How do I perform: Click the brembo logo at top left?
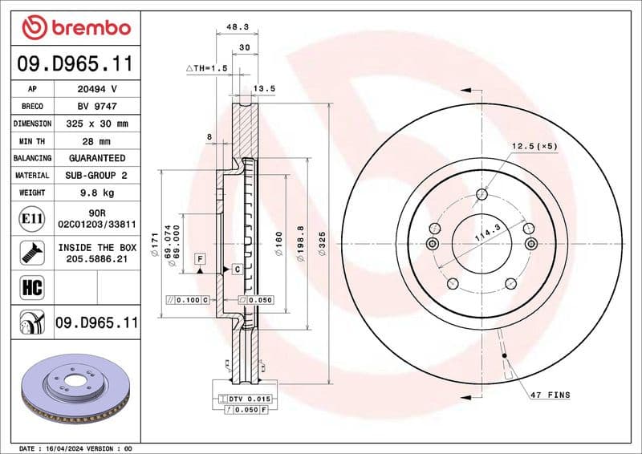pyautogui.click(x=75, y=28)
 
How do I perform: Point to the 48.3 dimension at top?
pyautogui.click(x=238, y=26)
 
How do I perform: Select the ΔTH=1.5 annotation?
pyautogui.click(x=208, y=68)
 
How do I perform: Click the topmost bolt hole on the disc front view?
pyautogui.click(x=481, y=193)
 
